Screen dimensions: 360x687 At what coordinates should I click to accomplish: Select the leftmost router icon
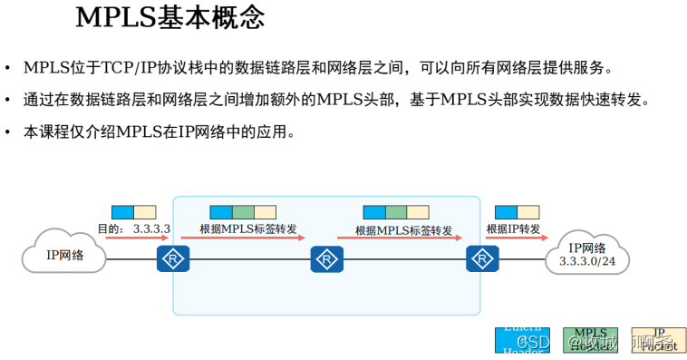(171, 259)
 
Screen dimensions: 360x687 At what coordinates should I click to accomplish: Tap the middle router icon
(324, 259)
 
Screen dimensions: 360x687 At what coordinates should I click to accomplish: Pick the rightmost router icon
(481, 259)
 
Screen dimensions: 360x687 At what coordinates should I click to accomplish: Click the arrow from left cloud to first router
(137, 238)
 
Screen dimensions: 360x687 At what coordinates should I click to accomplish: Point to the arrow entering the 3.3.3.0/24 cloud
(517, 238)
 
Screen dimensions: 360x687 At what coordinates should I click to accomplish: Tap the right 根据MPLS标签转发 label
(403, 229)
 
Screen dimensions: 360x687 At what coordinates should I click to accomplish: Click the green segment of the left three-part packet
(243, 212)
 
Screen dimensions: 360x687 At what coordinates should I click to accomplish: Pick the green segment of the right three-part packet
(396, 212)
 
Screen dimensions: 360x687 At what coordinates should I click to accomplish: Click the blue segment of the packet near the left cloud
(122, 212)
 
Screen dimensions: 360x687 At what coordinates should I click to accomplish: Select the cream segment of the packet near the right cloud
(528, 212)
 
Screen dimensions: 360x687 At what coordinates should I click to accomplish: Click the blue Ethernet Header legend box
(522, 339)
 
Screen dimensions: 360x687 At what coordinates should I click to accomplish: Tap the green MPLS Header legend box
(590, 339)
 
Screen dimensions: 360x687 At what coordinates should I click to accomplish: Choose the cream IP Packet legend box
(659, 339)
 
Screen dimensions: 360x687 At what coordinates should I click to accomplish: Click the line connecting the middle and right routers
(403, 260)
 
